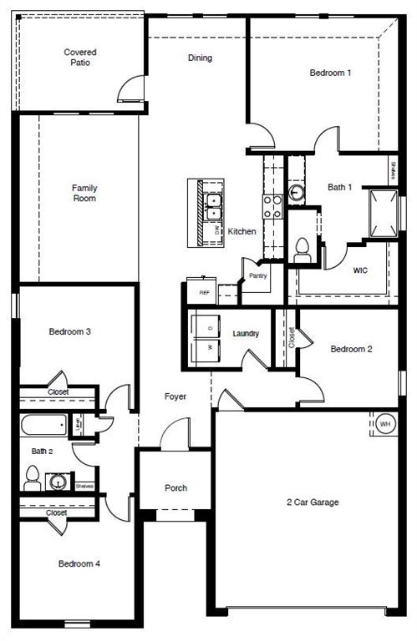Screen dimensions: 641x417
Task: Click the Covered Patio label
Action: tap(80, 57)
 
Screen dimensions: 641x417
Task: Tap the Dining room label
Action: tap(200, 58)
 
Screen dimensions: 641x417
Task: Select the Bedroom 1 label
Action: tap(330, 73)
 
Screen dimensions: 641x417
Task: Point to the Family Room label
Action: tap(84, 193)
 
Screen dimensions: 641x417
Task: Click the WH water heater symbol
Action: tap(385, 424)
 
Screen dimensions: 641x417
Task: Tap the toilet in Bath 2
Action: tap(33, 477)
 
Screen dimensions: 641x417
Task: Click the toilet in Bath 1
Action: tap(303, 250)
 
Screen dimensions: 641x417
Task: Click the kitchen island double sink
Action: tap(212, 206)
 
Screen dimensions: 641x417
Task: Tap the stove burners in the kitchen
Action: tap(272, 205)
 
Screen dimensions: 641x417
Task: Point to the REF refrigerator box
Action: tap(204, 292)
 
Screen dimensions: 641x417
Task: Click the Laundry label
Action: tap(246, 334)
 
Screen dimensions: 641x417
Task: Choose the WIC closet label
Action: tap(360, 271)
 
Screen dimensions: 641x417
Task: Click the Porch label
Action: tap(175, 488)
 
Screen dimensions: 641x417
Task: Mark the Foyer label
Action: tap(175, 396)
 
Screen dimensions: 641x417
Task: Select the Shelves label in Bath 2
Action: tap(84, 486)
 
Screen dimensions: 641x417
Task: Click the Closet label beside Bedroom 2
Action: tap(292, 337)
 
